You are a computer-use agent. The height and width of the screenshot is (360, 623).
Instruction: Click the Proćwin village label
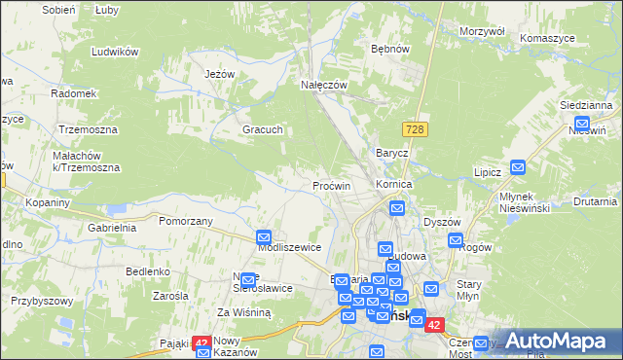tap(331, 185)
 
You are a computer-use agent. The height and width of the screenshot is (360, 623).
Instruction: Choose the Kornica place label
tap(395, 183)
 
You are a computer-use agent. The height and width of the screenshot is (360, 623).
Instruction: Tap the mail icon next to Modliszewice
tap(264, 236)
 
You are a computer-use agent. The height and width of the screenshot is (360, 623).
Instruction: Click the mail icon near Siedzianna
tap(582, 125)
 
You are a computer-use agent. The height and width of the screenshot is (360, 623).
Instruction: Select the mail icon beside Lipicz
tap(518, 167)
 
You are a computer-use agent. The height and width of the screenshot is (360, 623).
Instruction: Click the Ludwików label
tap(112, 51)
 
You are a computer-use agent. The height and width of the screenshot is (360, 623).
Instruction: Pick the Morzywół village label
tap(482, 31)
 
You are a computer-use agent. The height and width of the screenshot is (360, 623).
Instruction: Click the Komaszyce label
tap(559, 36)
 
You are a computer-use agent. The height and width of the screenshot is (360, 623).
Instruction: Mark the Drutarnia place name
tap(595, 202)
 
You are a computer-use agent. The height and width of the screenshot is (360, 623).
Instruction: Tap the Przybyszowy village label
tap(42, 301)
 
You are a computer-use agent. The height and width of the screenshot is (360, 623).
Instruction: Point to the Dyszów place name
tap(442, 222)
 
